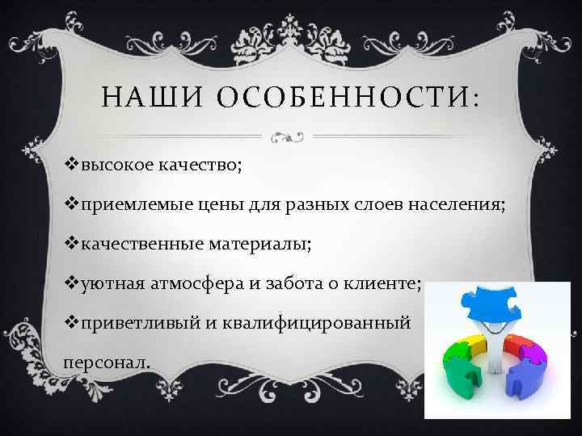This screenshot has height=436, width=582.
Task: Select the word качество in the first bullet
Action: [x=196, y=167]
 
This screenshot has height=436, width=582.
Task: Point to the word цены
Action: [x=219, y=205]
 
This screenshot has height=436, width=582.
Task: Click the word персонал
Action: [x=105, y=362]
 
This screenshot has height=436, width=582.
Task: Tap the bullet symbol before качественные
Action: [x=70, y=243]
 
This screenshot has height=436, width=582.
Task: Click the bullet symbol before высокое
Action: [x=70, y=166]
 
